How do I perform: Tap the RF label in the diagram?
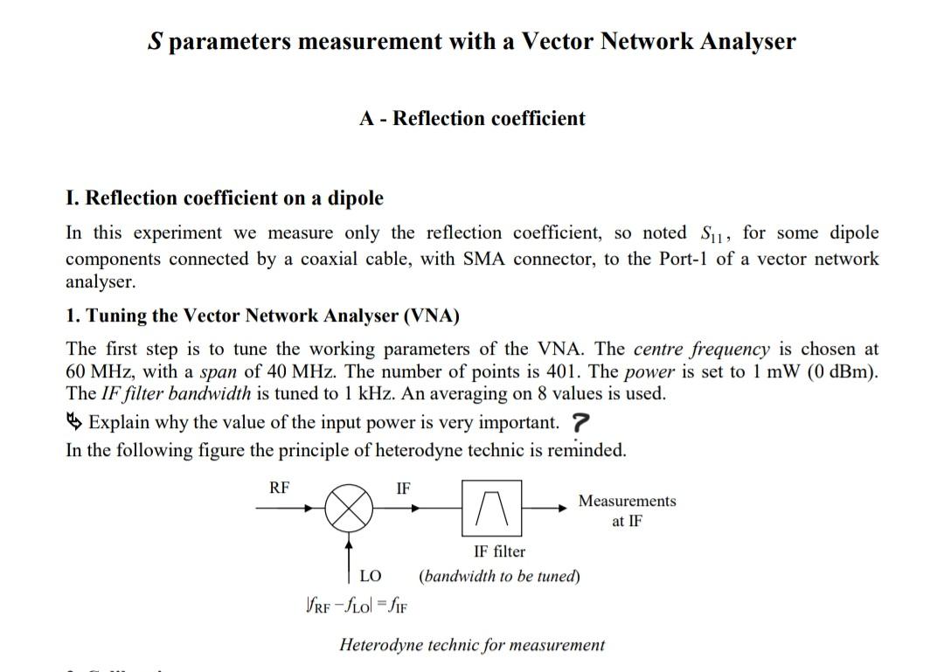[280, 488]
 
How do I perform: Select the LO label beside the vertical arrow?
[371, 576]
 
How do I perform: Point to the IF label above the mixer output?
[403, 488]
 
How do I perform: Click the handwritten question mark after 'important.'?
[580, 423]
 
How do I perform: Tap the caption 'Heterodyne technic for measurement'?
[472, 646]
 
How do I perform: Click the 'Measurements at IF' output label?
[627, 510]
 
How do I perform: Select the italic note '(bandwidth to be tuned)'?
[499, 576]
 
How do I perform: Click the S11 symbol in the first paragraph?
[715, 234]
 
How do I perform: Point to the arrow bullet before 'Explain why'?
[75, 423]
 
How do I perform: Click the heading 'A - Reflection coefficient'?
[472, 119]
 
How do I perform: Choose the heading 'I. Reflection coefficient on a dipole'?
[225, 198]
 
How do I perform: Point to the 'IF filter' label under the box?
[499, 551]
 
